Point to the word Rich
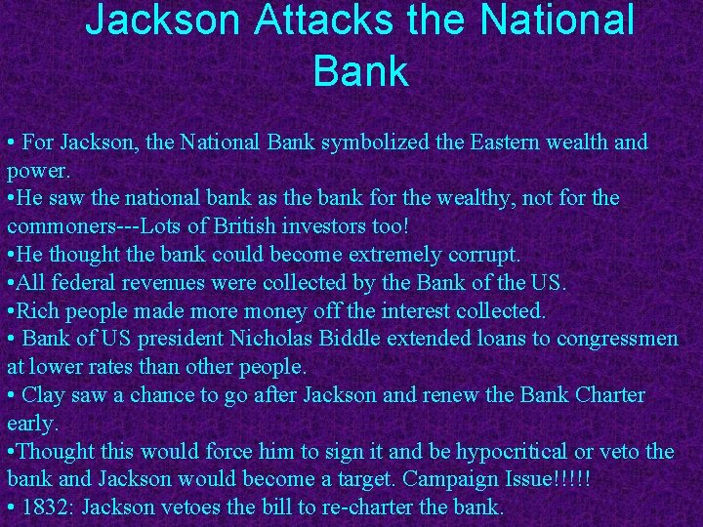click(x=39, y=311)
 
